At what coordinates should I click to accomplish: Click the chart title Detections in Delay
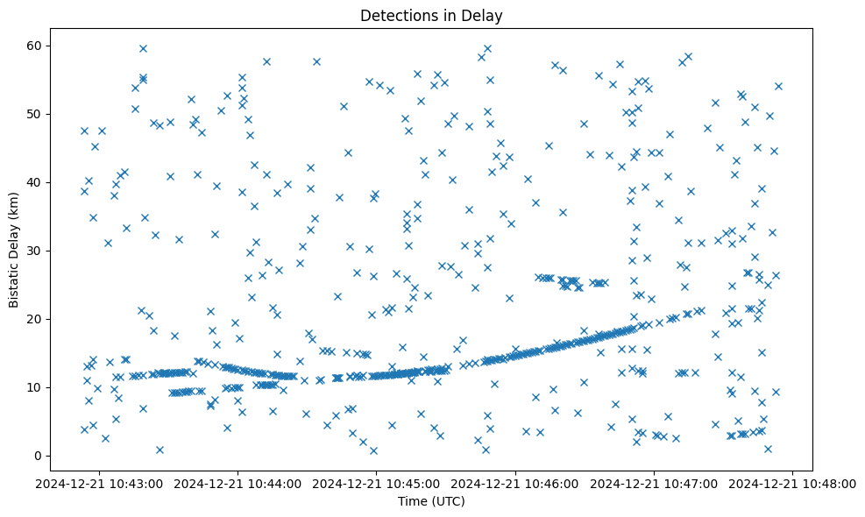431,16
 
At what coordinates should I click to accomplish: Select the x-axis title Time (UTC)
431,501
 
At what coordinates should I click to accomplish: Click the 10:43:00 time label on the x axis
99,483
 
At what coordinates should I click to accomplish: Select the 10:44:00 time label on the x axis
238,483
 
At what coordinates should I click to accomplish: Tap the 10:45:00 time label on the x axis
377,483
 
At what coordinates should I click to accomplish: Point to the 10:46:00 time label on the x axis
516,483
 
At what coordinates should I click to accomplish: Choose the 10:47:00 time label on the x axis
655,483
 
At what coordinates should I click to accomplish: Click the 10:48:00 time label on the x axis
794,483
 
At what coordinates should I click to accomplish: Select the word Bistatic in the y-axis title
14,283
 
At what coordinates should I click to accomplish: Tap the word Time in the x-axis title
412,501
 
